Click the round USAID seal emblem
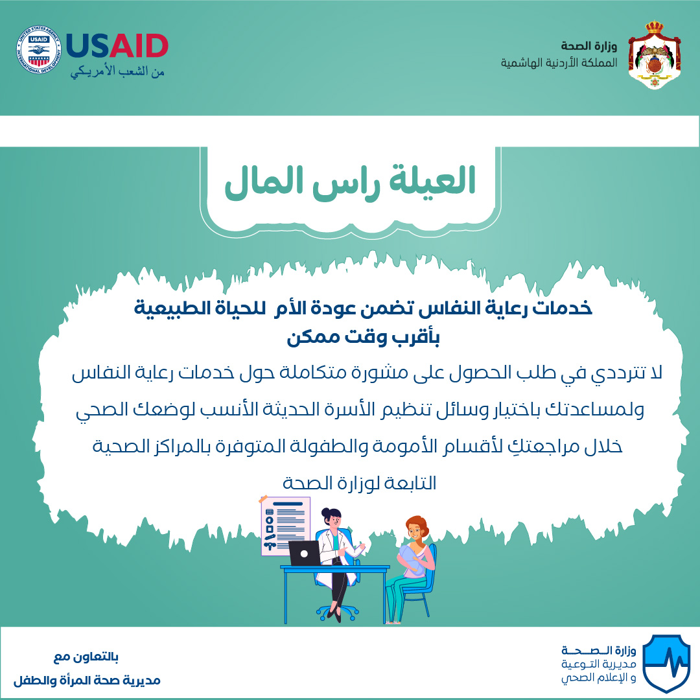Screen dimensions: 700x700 [x=39, y=49]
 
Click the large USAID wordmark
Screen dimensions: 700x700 [x=117, y=46]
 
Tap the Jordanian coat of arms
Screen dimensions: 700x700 [x=655, y=55]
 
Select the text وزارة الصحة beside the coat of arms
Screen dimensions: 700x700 [x=589, y=45]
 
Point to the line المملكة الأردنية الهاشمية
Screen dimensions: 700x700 [x=559, y=62]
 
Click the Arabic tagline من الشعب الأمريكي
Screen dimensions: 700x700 [x=117, y=71]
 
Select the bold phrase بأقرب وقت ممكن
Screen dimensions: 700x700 [x=363, y=338]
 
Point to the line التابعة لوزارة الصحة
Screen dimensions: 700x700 [x=359, y=483]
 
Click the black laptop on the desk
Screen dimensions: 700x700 [x=305, y=554]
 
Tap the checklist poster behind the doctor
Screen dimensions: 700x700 [x=285, y=526]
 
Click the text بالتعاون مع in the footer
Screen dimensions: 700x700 [x=86, y=657]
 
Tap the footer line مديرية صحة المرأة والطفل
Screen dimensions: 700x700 [x=87, y=681]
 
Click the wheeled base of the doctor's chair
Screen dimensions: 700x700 [x=338, y=612]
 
